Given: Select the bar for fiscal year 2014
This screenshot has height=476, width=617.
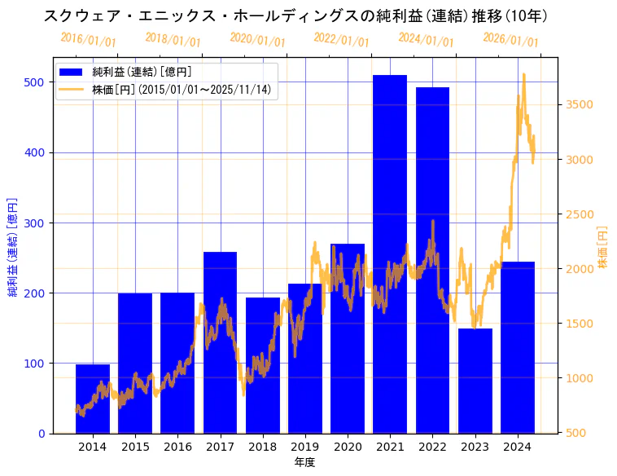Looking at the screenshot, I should [93, 399].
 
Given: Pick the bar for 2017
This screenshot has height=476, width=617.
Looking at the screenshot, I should [220, 342].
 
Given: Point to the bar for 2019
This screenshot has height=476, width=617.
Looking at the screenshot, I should [305, 359].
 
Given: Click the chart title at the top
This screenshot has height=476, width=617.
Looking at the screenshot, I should [295, 16].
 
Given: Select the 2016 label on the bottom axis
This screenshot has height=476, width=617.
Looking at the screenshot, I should [177, 447].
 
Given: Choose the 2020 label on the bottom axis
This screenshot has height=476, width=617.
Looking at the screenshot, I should [348, 447].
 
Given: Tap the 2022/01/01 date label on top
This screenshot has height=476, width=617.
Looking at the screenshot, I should [341, 40].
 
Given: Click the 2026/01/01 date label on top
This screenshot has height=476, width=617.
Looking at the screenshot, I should [510, 40].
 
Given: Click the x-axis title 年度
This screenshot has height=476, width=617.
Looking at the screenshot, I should [304, 462].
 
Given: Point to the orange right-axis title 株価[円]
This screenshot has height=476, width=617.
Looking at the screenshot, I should [603, 248].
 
